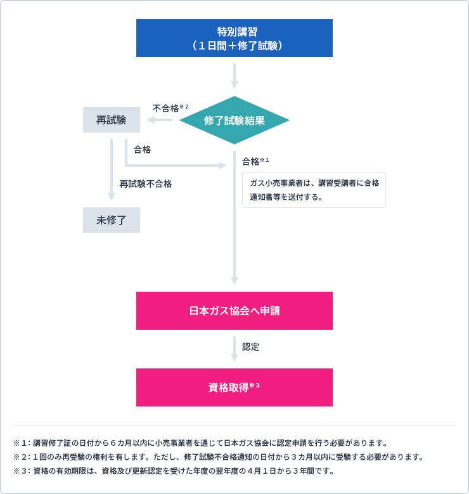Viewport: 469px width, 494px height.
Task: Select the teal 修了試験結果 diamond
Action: click(234, 120)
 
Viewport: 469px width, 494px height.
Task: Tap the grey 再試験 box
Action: click(111, 120)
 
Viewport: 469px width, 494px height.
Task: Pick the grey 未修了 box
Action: click(111, 220)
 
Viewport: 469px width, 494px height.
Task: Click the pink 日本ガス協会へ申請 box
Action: click(234, 311)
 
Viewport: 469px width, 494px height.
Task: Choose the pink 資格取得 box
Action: click(234, 387)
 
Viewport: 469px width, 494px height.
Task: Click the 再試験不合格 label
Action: click(146, 184)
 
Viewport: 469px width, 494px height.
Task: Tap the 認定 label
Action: click(251, 347)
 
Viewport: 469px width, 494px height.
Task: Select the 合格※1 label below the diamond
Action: click(255, 161)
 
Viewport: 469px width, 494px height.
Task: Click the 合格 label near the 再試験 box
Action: click(142, 150)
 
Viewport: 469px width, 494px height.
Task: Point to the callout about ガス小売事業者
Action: click(314, 190)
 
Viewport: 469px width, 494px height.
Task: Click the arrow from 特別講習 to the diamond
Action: click(234, 76)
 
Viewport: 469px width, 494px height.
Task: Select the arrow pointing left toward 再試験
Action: click(160, 120)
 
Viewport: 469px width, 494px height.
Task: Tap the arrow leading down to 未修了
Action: click(112, 171)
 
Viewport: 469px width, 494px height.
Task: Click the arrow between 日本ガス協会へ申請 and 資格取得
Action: click(234, 349)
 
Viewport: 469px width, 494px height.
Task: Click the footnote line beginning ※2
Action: click(218, 457)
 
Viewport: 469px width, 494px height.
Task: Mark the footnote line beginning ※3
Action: click(174, 471)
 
